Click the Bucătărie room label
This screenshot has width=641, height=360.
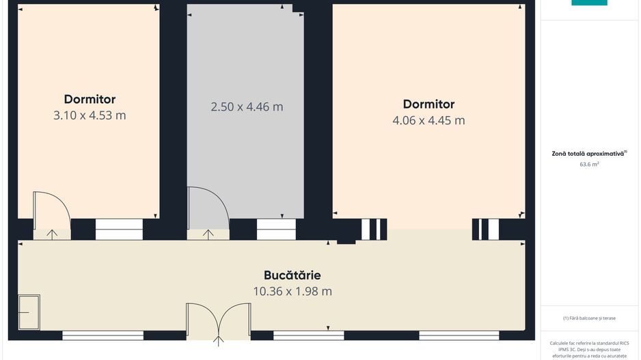[292, 275]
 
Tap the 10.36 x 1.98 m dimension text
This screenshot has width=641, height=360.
[292, 291]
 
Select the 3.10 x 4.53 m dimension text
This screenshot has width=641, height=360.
[90, 115]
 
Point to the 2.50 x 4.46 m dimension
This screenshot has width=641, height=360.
[247, 107]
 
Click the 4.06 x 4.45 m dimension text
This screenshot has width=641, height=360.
[428, 120]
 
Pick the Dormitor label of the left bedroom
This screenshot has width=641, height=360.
[90, 99]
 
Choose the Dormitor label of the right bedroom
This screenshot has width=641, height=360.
[428, 104]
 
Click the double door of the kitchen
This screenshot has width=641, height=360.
[219, 321]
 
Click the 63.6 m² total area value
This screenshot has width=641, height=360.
[589, 165]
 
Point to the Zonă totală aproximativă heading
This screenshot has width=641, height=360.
[588, 154]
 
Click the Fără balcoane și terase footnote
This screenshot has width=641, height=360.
[589, 318]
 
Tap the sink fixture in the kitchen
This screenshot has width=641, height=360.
[29, 311]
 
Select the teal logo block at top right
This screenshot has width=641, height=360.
[589, 3]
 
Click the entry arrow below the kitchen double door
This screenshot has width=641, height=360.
[219, 340]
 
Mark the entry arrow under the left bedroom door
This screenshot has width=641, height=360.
[52, 234]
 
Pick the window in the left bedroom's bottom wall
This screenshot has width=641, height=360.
[119, 229]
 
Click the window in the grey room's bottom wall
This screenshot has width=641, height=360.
[276, 229]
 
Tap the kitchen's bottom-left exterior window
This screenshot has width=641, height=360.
[103, 335]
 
